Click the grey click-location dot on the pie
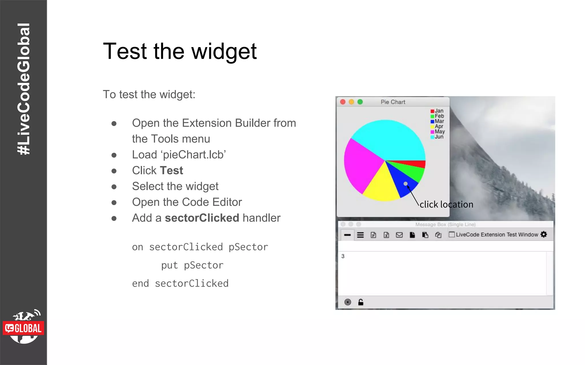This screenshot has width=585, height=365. pos(406,184)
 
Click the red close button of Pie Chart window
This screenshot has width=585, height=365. pos(343,102)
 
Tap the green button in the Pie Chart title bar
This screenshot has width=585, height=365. pos(360,102)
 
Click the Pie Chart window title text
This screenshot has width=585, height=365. pos(393,102)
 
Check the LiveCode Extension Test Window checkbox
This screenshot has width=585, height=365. pos(452,234)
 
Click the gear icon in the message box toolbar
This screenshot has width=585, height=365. pos(544,234)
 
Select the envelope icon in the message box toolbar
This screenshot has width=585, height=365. pos(399,235)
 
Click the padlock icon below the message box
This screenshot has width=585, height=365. pos(361,302)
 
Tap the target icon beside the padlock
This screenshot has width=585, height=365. pos(348,302)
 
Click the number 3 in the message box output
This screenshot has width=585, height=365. pos(343,256)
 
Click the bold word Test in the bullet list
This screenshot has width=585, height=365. pos(171,171)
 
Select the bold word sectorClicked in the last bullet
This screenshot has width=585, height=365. pos(202,218)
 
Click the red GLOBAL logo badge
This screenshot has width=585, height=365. pos(23,328)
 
